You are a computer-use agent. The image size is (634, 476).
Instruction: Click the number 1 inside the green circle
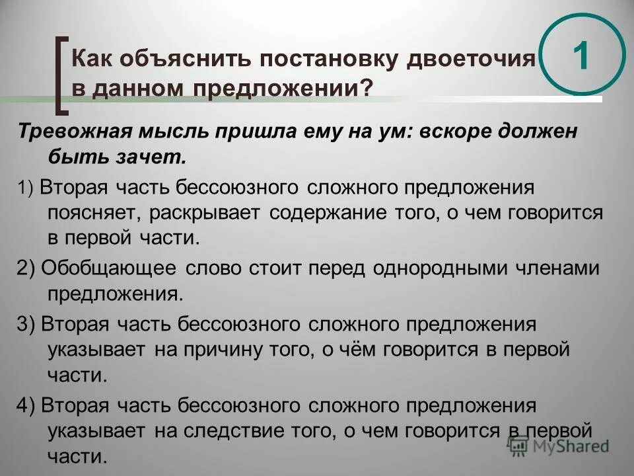581,58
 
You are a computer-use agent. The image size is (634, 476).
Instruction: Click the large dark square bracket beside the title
61,73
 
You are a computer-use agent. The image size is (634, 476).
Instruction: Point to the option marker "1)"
27,188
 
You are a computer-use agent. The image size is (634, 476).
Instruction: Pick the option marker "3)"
27,324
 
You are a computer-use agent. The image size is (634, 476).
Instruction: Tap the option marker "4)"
27,405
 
